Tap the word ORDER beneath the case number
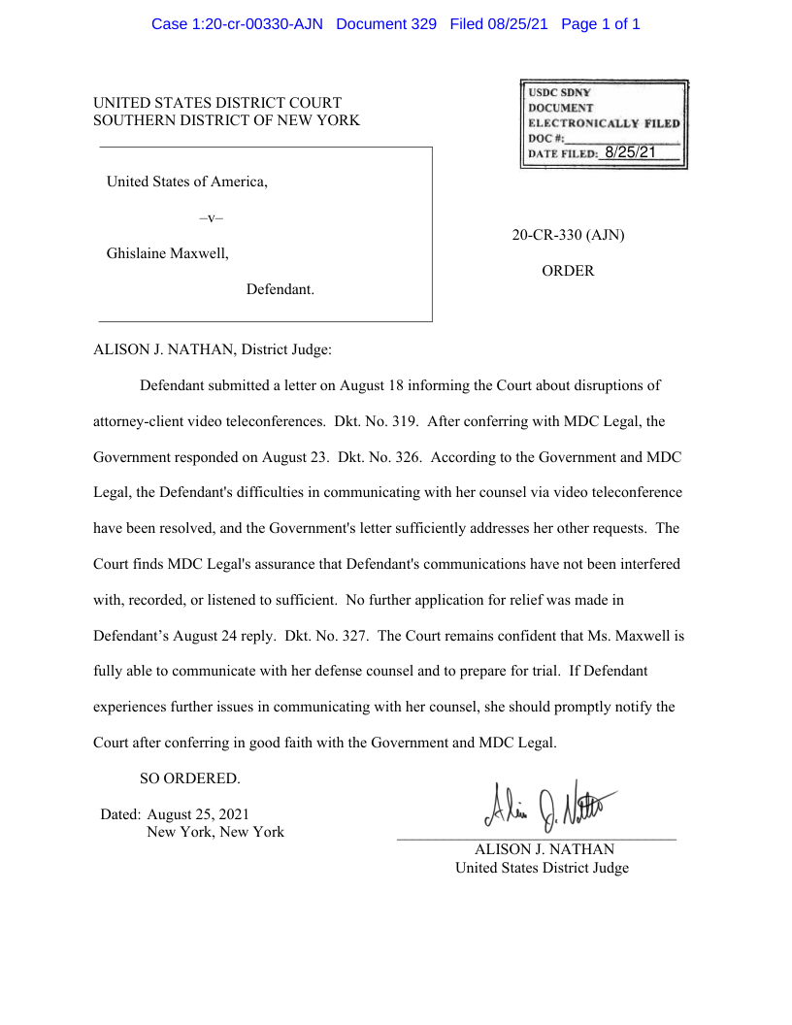click(x=568, y=271)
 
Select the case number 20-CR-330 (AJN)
click(x=568, y=235)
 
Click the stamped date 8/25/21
click(x=630, y=152)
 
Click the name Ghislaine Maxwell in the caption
click(x=167, y=253)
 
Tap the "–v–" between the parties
click(x=211, y=218)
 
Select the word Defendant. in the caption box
click(x=280, y=289)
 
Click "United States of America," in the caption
click(x=186, y=182)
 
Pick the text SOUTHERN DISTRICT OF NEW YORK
click(x=226, y=120)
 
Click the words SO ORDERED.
click(x=189, y=778)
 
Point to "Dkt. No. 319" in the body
click(x=377, y=421)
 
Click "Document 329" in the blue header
click(x=386, y=23)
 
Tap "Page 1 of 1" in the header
click(x=601, y=23)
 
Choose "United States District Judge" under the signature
click(x=542, y=868)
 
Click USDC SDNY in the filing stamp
click(x=559, y=92)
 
